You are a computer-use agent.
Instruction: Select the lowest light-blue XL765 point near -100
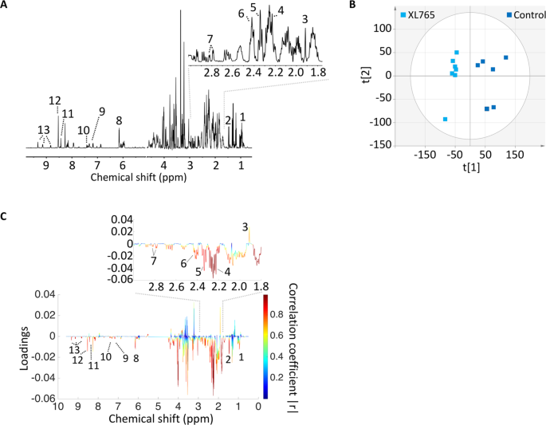coord(445,119)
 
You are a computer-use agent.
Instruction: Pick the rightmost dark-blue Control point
coord(505,57)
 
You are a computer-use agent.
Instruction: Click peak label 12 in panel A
coord(54,100)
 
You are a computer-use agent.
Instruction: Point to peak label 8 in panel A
coord(119,120)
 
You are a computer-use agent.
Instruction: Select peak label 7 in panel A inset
coord(210,38)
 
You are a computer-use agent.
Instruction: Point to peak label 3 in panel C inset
coord(245,226)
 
